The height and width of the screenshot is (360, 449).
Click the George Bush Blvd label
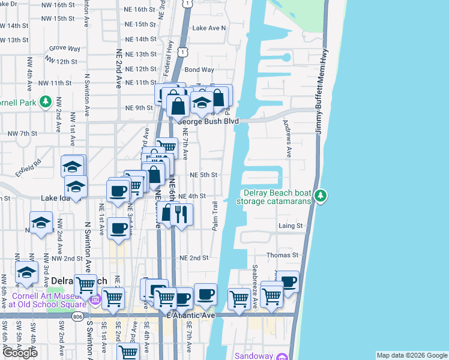coord(208,121)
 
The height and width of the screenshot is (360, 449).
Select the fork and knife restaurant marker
coord(181,214)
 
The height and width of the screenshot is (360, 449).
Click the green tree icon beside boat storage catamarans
coord(321,196)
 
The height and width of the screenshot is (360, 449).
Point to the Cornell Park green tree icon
coord(44,101)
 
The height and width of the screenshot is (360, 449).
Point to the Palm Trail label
coord(215,216)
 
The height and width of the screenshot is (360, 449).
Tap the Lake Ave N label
coord(209,28)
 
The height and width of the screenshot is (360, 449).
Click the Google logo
coord(19,352)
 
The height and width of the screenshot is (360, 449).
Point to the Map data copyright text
coord(411,355)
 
